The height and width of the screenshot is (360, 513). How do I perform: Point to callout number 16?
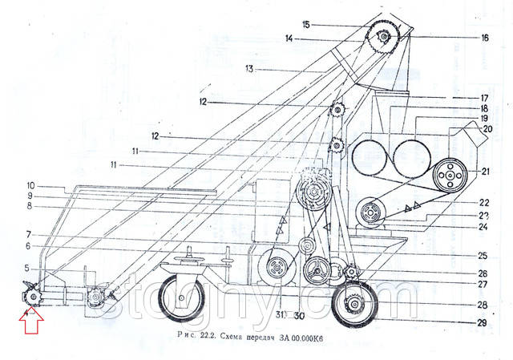(x=485, y=37)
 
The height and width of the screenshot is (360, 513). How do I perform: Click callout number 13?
(x=249, y=70)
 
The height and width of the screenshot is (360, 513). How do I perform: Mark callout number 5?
(x=27, y=268)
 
